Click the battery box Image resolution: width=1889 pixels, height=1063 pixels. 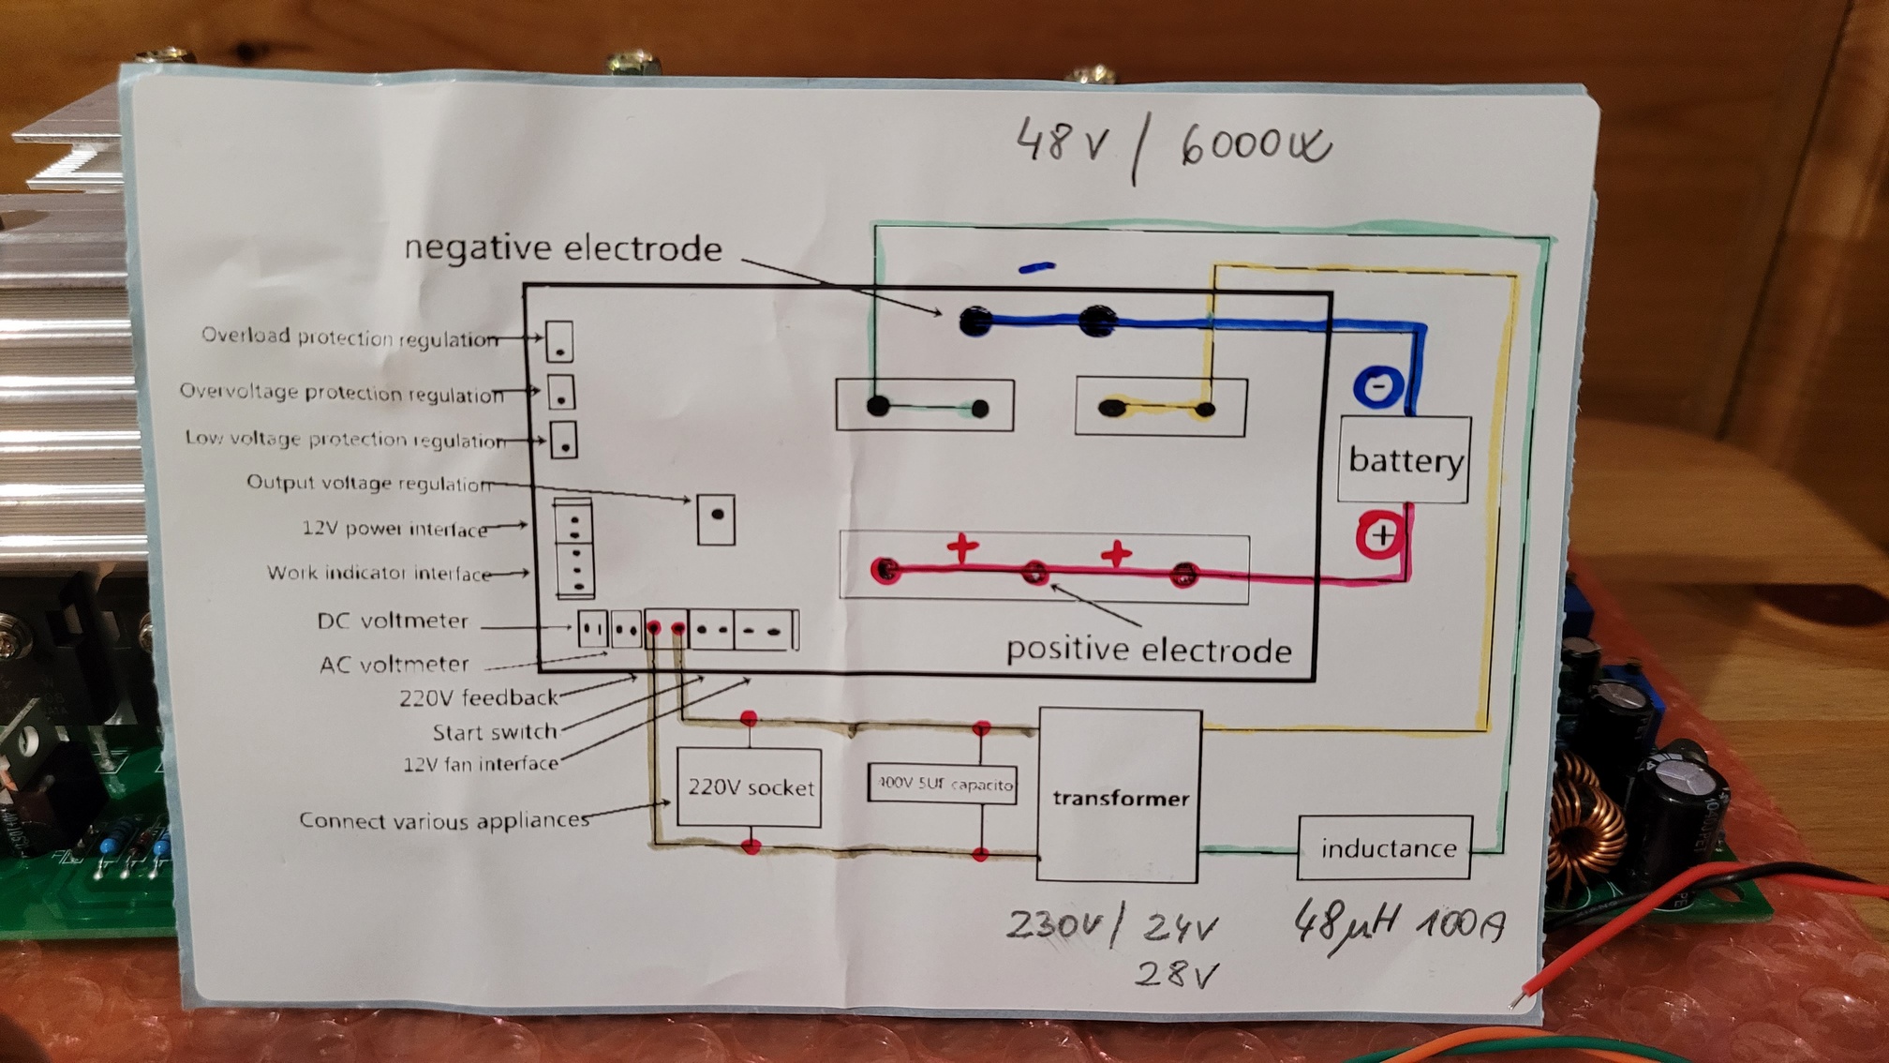tap(1404, 459)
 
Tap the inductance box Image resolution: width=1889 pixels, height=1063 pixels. tap(1385, 848)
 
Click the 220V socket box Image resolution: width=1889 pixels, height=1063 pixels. tap(750, 787)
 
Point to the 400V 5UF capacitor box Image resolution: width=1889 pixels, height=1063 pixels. tap(944, 784)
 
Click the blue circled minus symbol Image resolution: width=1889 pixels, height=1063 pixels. tap(1377, 385)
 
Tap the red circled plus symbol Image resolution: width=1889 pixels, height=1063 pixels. tap(1380, 535)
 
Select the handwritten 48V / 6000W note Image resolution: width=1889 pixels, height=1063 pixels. tap(1171, 147)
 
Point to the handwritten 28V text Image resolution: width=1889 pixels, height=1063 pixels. tap(1176, 975)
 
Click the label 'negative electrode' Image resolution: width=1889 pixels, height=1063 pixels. tap(563, 248)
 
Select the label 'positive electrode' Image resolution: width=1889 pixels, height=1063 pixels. tap(1149, 651)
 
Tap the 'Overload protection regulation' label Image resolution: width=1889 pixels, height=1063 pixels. tap(350, 337)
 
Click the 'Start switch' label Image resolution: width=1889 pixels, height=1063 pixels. tap(495, 732)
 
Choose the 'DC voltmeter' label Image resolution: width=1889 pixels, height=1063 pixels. tap(393, 621)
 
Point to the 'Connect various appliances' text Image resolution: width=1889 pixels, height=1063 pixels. tap(444, 821)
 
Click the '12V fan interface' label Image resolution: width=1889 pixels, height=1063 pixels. tap(481, 764)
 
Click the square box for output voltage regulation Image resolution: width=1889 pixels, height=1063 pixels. tap(716, 518)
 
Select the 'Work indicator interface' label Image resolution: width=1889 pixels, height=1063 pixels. tap(379, 573)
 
